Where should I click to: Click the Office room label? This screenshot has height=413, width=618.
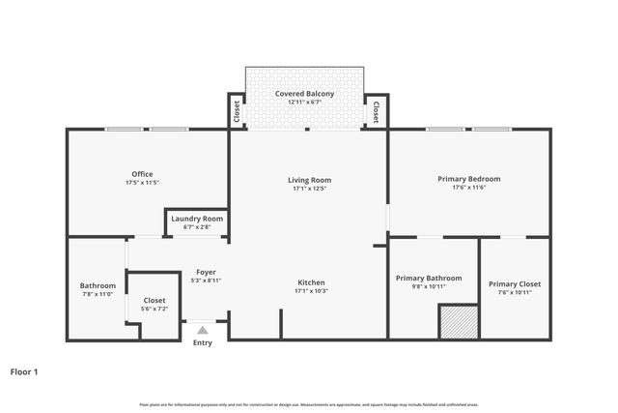pos(142,174)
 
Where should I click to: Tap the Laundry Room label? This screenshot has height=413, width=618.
pos(197,219)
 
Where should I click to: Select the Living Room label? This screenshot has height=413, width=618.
pos(309,180)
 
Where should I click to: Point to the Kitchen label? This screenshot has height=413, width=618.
pos(310,282)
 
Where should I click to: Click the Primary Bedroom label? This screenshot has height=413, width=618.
pos(468,179)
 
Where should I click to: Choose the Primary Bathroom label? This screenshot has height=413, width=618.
pos(429,278)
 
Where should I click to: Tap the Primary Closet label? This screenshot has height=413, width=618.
pos(514,283)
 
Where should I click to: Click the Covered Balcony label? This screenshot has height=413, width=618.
pos(304,93)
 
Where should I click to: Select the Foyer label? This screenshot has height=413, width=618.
pos(205,272)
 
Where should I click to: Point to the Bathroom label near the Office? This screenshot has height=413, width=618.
pos(98,285)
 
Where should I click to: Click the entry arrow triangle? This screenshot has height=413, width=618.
pos(202,331)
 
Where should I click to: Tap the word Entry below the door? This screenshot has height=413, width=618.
pos(202,343)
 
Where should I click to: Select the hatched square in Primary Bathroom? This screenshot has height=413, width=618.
pos(459,322)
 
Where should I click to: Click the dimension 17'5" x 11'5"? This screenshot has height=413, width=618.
pos(142,183)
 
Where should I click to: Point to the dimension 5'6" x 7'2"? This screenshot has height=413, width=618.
pos(154,309)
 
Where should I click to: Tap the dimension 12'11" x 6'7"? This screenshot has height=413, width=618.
pos(304,102)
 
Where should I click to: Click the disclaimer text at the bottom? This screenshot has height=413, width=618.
pos(308,404)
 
